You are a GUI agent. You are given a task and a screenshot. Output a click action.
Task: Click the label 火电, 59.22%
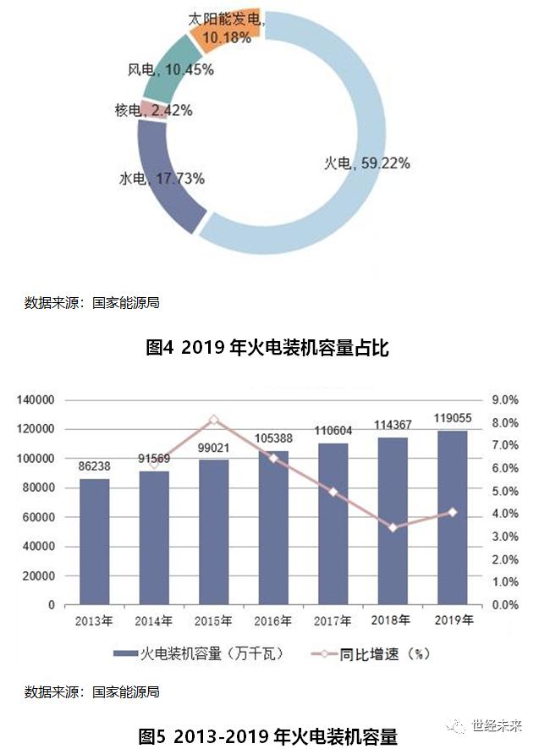pos(367,163)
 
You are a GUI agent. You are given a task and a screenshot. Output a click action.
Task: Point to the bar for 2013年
pos(94,542)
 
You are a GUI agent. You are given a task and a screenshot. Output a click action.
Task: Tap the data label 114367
pos(393,425)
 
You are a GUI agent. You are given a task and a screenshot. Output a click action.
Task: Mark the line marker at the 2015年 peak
pos(214,420)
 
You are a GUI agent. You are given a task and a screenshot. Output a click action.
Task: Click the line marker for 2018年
pos(393,527)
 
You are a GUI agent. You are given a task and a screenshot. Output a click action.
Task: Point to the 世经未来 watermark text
pos(498,725)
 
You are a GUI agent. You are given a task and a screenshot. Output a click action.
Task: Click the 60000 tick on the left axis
pos(39,517)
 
